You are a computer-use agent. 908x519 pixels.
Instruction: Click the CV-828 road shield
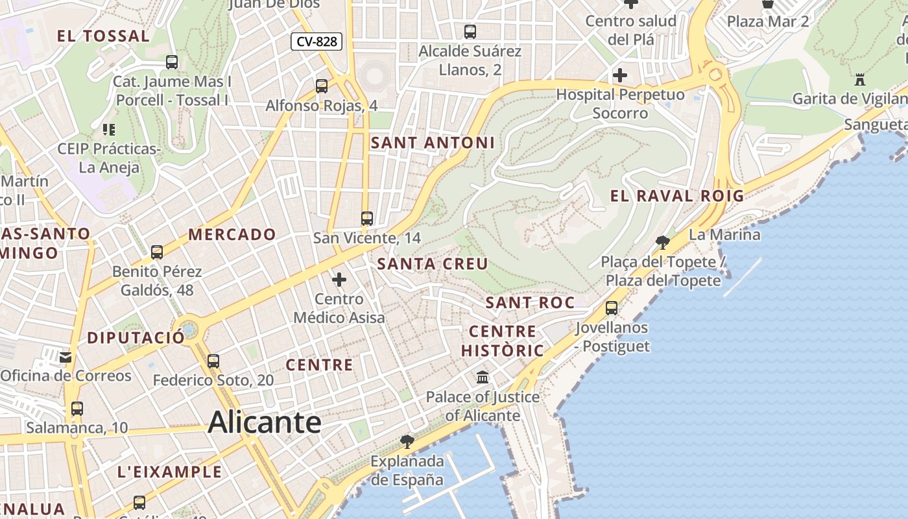pos(317,42)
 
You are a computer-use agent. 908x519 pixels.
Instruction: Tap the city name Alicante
pos(265,423)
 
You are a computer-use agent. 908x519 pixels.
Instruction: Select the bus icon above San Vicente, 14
pos(367,218)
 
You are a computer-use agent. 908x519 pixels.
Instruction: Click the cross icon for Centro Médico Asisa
pos(339,280)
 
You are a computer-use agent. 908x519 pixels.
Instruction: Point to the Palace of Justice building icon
pos(483,377)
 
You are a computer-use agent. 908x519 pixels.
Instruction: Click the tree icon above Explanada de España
pos(407,442)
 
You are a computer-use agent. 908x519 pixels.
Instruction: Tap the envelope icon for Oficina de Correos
pos(66,357)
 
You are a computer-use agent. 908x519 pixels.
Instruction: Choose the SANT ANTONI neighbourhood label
pos(433,143)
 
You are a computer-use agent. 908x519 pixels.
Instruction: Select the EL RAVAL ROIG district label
pos(677,196)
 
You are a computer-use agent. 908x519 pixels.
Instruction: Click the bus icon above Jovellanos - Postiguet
pos(611,308)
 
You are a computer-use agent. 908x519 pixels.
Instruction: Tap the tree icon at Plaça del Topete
pos(662,243)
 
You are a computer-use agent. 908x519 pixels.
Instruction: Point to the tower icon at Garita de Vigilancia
pos(860,80)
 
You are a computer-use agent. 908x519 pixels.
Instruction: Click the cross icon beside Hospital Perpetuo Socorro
pos(620,75)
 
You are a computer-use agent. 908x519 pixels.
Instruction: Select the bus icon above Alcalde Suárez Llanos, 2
pos(470,31)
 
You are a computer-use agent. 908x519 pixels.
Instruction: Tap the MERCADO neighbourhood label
pos(232,234)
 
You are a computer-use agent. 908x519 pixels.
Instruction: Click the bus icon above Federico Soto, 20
pos(213,361)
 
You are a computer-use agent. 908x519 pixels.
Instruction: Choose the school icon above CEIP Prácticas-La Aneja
pos(108,130)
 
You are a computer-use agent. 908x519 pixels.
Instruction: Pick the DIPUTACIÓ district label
pos(136,337)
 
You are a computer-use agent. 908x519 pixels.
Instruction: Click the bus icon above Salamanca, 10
pos(77,409)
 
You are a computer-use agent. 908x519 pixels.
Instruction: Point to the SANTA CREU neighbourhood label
pos(433,264)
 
